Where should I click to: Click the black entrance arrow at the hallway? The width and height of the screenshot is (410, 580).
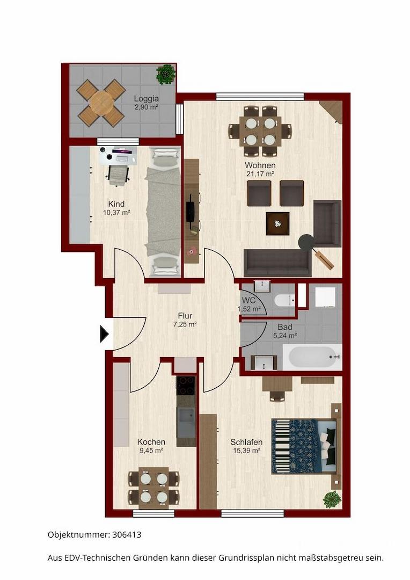pos(104,334)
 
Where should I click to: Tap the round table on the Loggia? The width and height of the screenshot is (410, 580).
pos(101,103)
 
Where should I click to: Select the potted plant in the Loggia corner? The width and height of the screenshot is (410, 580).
pos(165,74)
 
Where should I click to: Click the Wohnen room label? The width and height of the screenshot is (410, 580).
pos(260,165)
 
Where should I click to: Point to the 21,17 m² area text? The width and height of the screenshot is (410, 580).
pos(260,173)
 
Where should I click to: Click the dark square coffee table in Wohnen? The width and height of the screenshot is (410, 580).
pos(277,223)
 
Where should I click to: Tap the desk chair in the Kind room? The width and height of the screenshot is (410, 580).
pos(119,174)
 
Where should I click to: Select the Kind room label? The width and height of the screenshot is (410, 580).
pos(116,204)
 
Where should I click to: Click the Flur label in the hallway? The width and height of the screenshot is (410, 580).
pos(185,316)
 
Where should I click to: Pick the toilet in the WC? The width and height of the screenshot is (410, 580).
pos(284,300)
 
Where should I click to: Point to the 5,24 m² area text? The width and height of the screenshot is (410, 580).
pos(285,336)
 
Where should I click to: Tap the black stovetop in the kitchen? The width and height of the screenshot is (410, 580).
pos(186,386)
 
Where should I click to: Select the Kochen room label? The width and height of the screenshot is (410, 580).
pos(151,442)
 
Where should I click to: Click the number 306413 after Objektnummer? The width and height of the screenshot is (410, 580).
pos(127,534)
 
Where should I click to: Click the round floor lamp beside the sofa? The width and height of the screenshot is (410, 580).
pos(306,242)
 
